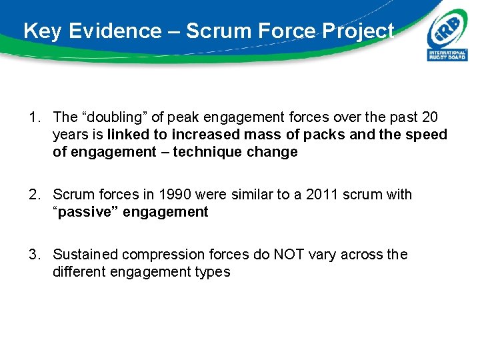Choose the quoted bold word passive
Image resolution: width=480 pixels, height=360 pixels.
(81, 212)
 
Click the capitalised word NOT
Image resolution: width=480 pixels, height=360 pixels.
(290, 255)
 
